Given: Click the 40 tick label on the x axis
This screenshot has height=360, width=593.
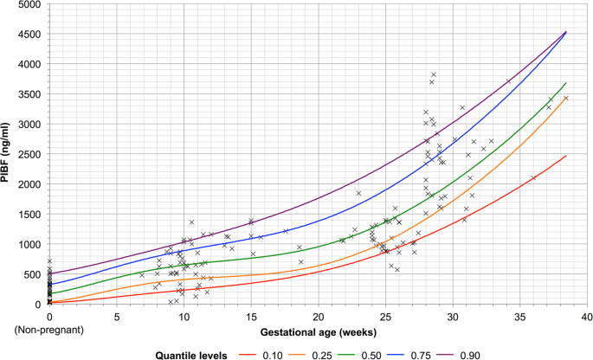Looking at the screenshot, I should (x=587, y=317).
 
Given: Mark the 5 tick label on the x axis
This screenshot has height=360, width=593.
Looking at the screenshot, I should (x=117, y=317).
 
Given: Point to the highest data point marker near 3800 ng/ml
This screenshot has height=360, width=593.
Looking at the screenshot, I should (x=434, y=74).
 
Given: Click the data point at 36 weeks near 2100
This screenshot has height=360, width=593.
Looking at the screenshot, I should (x=533, y=178).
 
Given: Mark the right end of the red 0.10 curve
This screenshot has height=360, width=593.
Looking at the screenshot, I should (x=565, y=156).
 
